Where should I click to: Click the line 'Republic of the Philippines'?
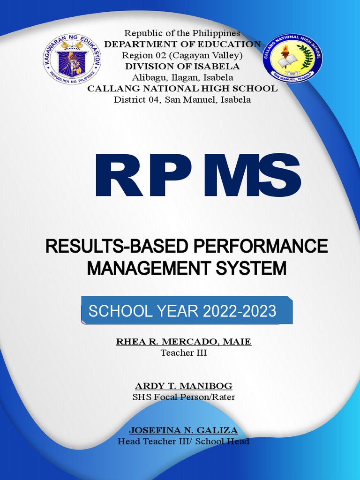[182, 33]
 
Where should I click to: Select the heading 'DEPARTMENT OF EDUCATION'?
[182, 44]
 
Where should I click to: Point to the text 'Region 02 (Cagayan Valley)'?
[182, 55]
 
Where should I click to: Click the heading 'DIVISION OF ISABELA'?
[182, 66]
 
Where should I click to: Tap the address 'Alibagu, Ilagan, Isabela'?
[182, 77]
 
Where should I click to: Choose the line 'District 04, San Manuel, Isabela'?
[182, 99]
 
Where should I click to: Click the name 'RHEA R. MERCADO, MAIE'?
[184, 342]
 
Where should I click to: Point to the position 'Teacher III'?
[184, 353]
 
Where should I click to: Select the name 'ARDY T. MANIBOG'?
[184, 386]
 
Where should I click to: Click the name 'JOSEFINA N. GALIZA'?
[184, 430]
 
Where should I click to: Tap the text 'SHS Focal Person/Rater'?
[184, 397]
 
